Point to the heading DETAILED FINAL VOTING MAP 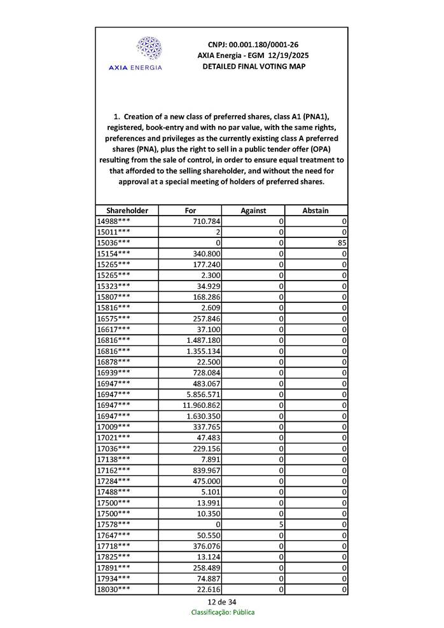click(253, 67)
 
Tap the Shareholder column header click(127, 211)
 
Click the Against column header click(253, 211)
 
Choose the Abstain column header click(316, 211)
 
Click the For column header click(190, 211)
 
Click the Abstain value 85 click(342, 242)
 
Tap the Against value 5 click(280, 524)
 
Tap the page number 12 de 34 click(221, 601)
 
